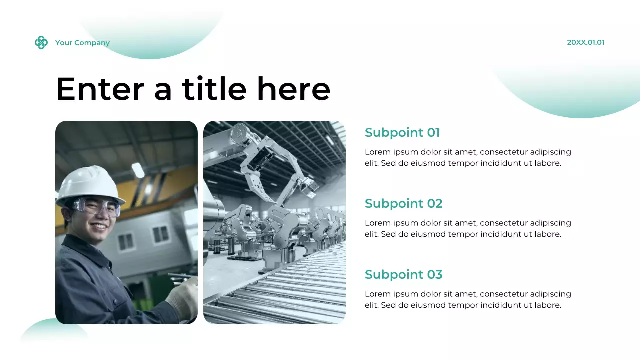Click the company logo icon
point(41,43)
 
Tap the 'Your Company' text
point(82,43)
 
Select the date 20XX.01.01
point(585,43)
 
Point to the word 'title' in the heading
point(214,89)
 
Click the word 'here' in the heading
point(293,89)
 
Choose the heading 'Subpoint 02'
point(403,204)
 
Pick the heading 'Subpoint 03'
point(403,275)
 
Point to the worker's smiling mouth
point(99,227)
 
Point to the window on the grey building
point(161,234)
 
